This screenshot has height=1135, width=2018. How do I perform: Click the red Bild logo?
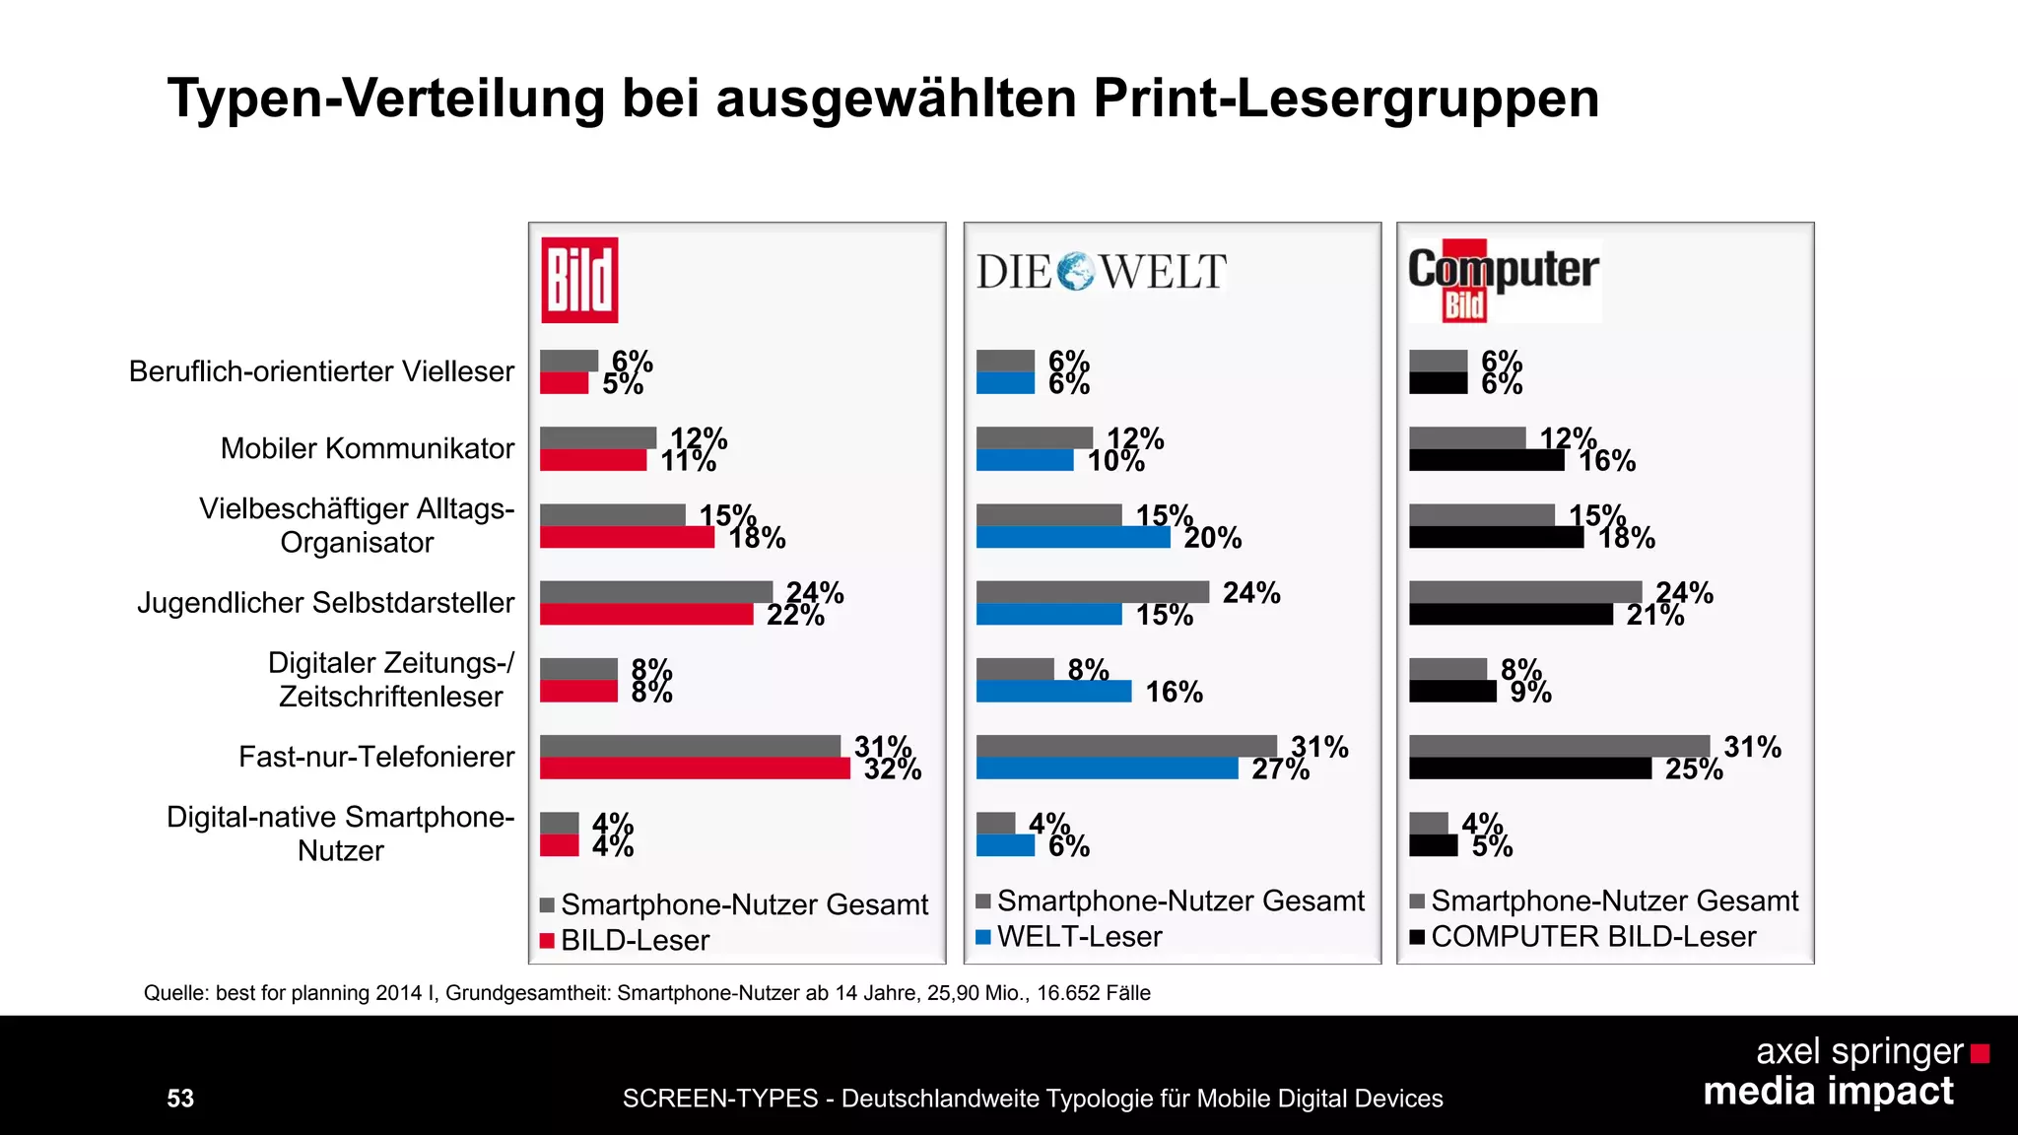pos(579,280)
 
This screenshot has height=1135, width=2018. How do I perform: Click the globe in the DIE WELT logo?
pos(1075,271)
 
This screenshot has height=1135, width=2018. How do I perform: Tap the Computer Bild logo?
pos(1503,280)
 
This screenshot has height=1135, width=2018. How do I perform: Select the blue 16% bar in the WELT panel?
pos(1053,692)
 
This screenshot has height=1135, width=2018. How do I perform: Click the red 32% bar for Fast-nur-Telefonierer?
pos(695,768)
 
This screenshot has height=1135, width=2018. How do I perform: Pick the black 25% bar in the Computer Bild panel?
pos(1529,768)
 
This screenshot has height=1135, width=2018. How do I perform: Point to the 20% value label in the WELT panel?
pos(1213,538)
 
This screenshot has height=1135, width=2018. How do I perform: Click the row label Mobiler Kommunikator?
pos(367,448)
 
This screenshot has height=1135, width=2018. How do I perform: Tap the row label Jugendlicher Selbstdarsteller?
pos(325,602)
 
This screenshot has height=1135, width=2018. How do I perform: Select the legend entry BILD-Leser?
pos(634,941)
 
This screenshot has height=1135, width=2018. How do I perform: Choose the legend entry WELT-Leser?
pos(1078,937)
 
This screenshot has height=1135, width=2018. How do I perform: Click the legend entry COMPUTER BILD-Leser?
pos(1592,937)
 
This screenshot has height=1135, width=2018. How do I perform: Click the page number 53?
pos(180,1099)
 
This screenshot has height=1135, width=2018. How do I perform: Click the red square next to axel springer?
pos(1980,1054)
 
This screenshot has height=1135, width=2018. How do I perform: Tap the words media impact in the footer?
pos(1828,1092)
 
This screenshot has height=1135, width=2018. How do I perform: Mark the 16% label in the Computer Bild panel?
pos(1607,461)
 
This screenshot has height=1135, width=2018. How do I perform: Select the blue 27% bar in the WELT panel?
pos(1107,768)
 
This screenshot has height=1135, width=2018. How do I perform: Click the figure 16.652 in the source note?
pos(1068,993)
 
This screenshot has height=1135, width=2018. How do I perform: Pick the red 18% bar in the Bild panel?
pos(627,538)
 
